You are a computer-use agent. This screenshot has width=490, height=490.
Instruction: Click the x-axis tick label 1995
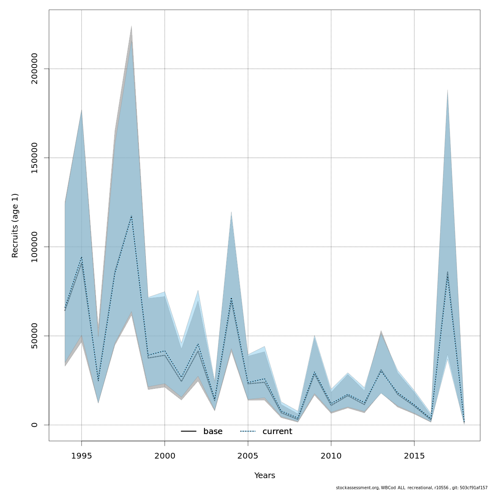[x=81, y=456]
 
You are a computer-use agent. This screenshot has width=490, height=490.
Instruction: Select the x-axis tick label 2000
[x=165, y=456]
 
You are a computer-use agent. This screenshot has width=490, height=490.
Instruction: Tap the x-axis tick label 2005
[x=248, y=456]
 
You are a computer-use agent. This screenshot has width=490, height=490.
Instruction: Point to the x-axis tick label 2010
[x=331, y=456]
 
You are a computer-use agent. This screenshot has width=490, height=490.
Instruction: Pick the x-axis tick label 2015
[x=414, y=456]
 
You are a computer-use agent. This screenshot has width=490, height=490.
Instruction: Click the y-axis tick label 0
[x=34, y=425]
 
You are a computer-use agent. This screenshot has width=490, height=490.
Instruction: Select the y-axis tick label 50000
[x=34, y=336]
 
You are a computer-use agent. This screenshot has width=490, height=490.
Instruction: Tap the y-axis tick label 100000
[x=34, y=247]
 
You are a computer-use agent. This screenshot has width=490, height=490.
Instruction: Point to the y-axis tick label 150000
[x=34, y=158]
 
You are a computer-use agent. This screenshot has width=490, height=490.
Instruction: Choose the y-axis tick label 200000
[x=34, y=69]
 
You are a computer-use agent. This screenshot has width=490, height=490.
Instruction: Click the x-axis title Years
[x=265, y=476]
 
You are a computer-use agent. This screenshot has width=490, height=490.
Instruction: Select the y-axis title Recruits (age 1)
[x=15, y=225]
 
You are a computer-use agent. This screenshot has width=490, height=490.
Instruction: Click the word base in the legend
[x=213, y=432]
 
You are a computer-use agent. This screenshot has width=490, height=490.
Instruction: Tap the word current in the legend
[x=277, y=432]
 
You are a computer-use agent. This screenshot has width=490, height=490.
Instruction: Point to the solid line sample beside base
[x=189, y=432]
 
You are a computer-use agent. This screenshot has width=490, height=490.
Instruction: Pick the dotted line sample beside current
[x=247, y=432]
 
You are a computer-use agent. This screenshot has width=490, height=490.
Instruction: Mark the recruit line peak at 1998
[x=131, y=216]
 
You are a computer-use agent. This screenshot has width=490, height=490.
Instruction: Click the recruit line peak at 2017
[x=448, y=273]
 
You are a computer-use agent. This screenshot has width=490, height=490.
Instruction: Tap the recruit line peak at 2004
[x=231, y=299]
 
